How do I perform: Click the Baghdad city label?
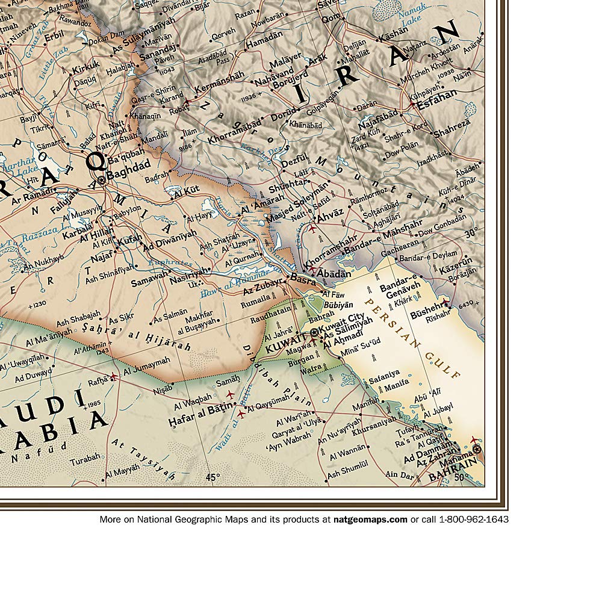tap(128, 179)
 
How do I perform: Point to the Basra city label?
tap(303, 278)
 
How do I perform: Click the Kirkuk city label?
tap(85, 70)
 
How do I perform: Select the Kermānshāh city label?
tap(220, 76)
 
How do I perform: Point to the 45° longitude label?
tap(212, 477)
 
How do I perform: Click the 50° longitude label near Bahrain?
tap(461, 478)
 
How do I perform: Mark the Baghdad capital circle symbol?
tap(101, 179)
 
